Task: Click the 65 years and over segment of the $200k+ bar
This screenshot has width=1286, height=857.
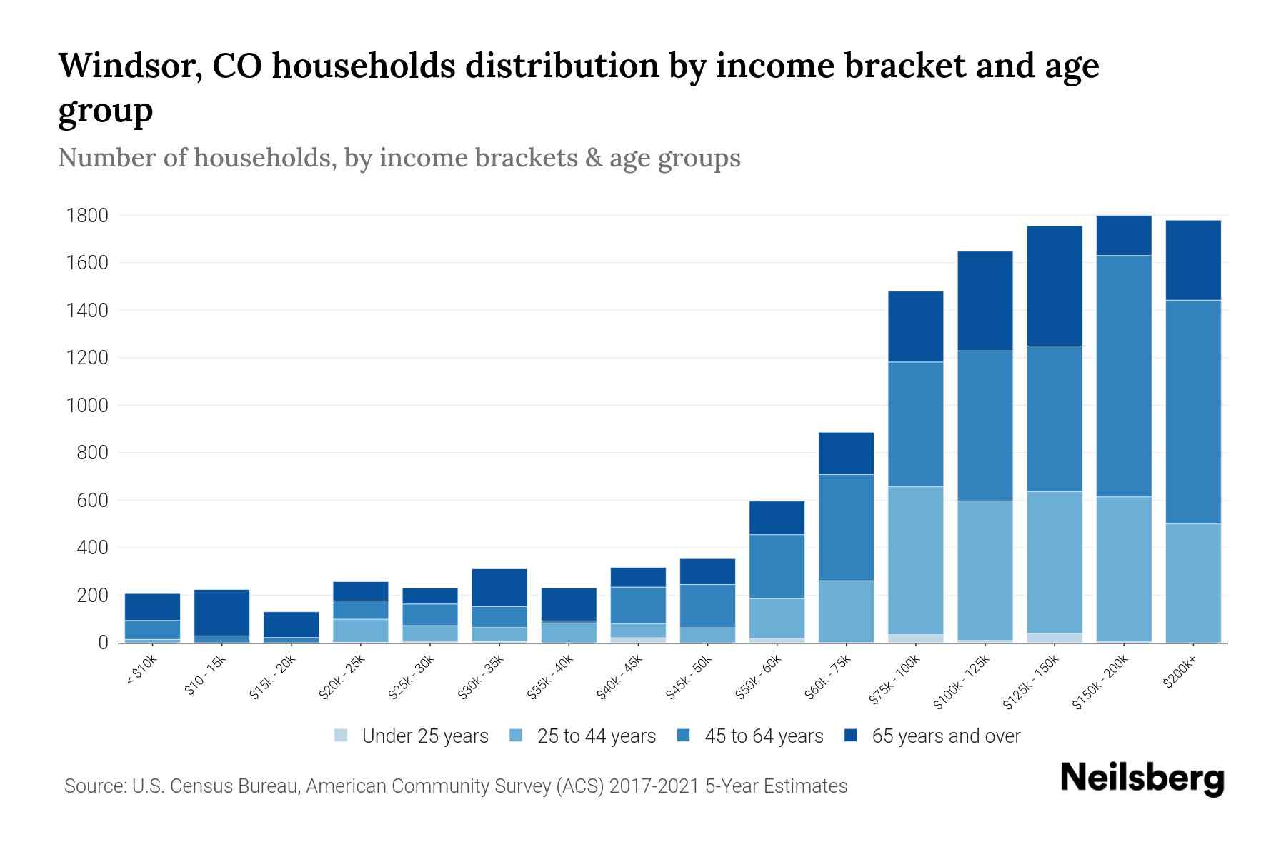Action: (1193, 260)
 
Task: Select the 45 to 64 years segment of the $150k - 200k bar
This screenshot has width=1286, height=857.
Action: (1124, 376)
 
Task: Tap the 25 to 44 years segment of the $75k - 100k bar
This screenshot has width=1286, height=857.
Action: (915, 560)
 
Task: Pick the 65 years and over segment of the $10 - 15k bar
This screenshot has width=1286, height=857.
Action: (221, 612)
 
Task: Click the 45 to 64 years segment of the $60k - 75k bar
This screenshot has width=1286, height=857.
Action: (846, 527)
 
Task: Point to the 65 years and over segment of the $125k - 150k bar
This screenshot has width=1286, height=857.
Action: (1055, 286)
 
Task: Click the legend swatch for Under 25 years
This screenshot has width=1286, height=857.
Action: (342, 736)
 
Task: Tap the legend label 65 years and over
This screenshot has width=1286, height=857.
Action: (945, 736)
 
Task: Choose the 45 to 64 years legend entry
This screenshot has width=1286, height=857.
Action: (763, 736)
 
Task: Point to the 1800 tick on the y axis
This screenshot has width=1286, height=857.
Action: (87, 215)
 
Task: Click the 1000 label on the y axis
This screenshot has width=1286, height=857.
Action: (87, 405)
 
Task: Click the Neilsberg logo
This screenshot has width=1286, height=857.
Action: (1142, 778)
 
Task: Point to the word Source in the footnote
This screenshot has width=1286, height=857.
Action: (94, 786)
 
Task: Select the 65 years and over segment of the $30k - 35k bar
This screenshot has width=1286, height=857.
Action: (499, 587)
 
